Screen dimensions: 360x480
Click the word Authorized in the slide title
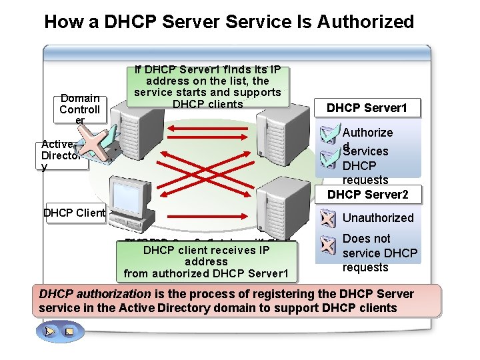[x=365, y=21]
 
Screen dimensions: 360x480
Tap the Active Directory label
[x=61, y=155]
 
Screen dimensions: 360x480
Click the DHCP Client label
[x=74, y=213]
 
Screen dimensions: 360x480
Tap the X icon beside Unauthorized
[x=327, y=218]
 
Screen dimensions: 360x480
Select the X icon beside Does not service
[x=327, y=246]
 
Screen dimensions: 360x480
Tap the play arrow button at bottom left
[x=50, y=331]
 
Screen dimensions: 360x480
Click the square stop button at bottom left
[x=68, y=331]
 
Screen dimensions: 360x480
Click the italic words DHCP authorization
[x=95, y=294]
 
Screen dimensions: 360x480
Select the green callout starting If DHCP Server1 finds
[x=207, y=86]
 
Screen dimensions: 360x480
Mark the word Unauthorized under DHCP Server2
[x=378, y=218]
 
